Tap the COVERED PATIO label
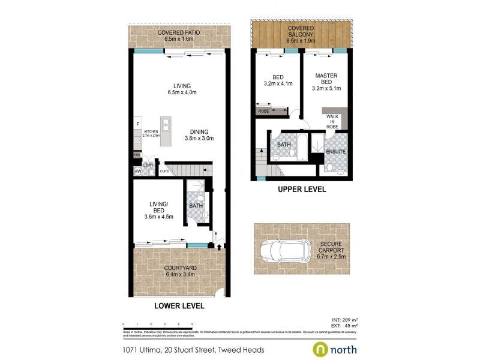pyautogui.click(x=178, y=35)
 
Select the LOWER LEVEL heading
pyautogui.click(x=179, y=305)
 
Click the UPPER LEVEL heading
pyautogui.click(x=301, y=190)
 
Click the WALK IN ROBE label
pyautogui.click(x=332, y=121)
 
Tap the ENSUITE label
pyautogui.click(x=335, y=152)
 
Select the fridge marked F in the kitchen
pyautogui.click(x=137, y=124)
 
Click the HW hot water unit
pyautogui.click(x=137, y=172)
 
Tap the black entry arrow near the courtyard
pyautogui.click(x=219, y=246)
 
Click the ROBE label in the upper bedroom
pyautogui.click(x=263, y=111)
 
